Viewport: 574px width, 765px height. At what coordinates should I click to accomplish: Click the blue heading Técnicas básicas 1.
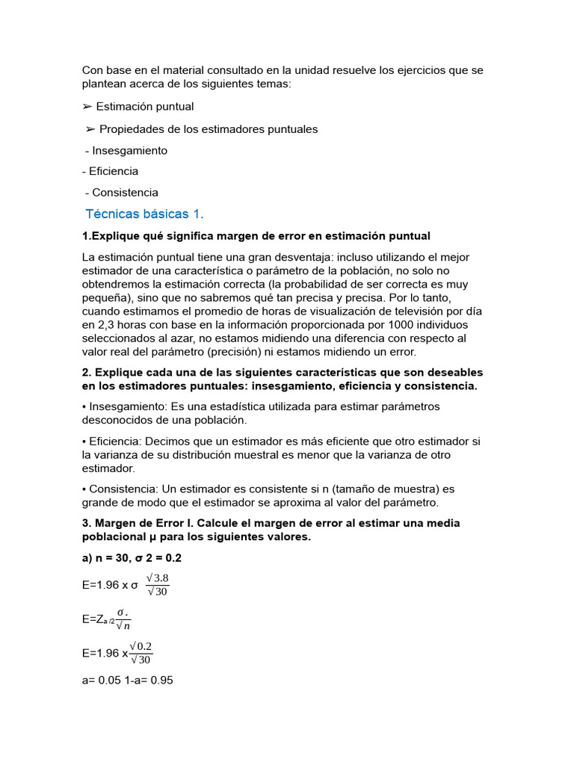point(144,214)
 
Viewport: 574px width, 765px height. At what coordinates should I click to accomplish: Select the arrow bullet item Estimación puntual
point(144,107)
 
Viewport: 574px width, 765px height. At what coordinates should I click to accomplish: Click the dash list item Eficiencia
point(113,171)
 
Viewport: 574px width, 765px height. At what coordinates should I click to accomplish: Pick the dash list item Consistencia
point(125,193)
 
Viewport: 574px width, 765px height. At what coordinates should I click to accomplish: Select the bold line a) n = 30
point(132,558)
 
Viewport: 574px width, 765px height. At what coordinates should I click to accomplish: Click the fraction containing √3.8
point(157,584)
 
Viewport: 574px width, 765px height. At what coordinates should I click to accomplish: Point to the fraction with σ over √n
point(123,619)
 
